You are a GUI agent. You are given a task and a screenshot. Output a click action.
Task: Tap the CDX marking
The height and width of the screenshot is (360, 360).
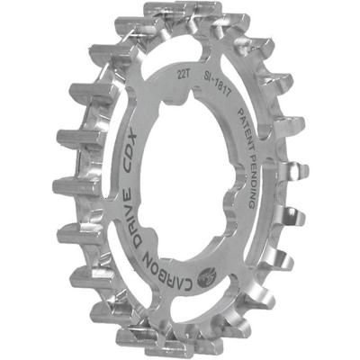[135, 163]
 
